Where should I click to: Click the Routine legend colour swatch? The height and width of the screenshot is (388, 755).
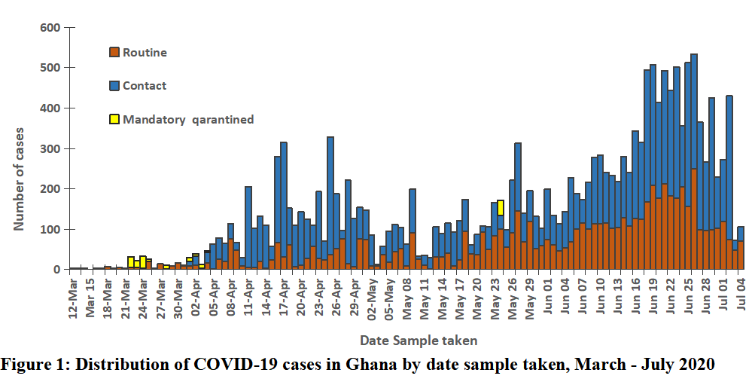coord(114,53)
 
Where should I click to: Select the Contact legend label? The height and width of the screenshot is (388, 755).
coord(145,86)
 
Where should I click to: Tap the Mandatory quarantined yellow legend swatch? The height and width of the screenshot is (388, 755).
coord(114,119)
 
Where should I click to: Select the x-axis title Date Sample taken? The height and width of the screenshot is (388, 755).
coord(419,340)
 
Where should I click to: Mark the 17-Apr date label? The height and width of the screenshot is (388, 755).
coord(284,298)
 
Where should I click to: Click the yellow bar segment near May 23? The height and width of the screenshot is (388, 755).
coord(501,208)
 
